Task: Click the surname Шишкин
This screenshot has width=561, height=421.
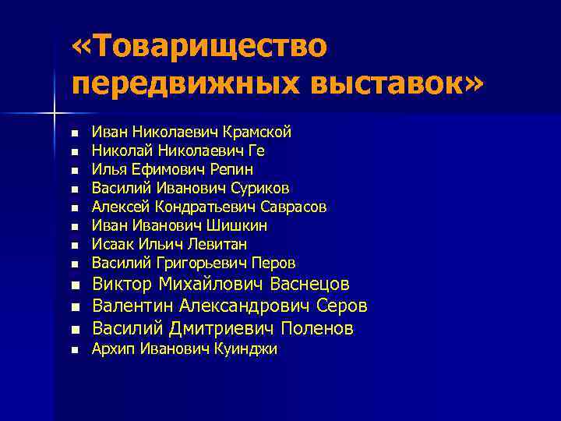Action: [x=238, y=225]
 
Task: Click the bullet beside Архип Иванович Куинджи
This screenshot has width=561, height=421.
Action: [x=75, y=350]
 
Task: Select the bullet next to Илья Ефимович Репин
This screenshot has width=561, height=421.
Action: [x=75, y=170]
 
